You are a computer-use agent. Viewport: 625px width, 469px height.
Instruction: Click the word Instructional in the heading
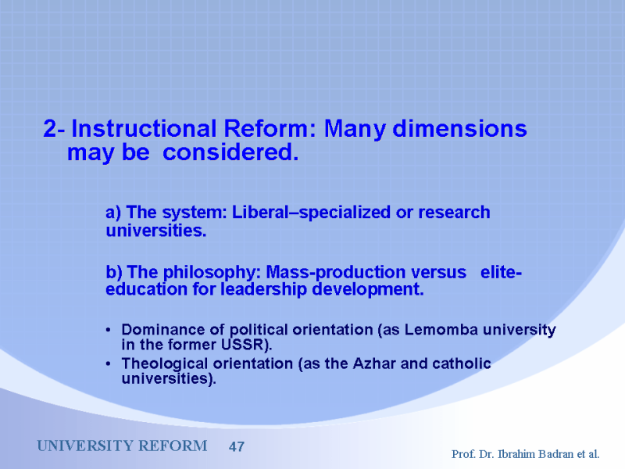click(x=144, y=129)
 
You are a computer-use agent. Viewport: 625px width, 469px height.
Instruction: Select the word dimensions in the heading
click(x=459, y=129)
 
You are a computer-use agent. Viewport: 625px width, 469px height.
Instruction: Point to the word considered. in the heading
click(x=230, y=152)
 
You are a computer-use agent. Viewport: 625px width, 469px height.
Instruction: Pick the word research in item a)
click(x=454, y=213)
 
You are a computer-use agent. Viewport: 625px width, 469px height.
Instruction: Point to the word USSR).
click(x=247, y=345)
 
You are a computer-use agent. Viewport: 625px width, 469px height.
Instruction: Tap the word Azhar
click(x=374, y=363)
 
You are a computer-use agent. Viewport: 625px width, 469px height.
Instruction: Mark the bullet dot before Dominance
click(x=108, y=330)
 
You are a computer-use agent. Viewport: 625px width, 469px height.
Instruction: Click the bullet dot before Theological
click(x=108, y=363)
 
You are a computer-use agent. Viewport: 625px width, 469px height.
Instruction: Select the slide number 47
click(x=237, y=446)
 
